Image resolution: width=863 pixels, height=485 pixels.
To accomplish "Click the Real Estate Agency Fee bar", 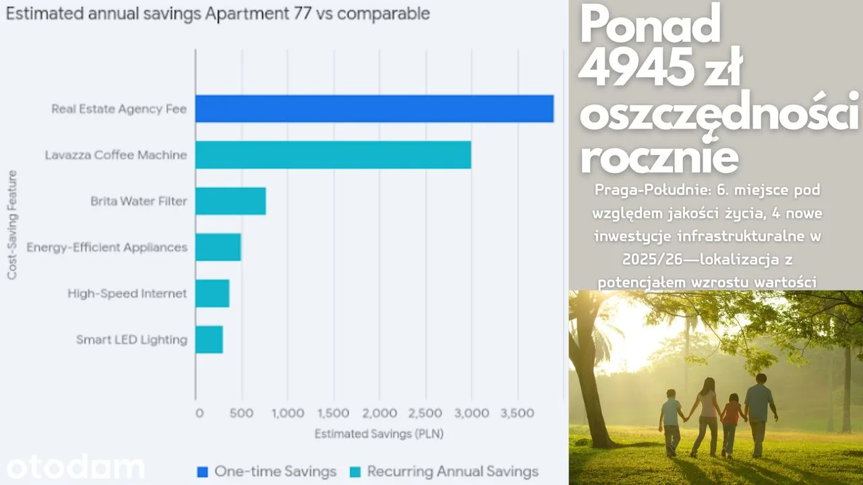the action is (374, 108).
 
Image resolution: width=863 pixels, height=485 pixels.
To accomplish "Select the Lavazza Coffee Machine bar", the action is (333, 155).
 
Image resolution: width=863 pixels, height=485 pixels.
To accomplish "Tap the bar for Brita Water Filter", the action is (231, 201).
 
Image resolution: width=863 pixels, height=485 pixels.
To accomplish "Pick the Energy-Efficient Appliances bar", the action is (218, 247).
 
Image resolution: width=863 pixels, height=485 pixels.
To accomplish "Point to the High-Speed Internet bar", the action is (212, 293).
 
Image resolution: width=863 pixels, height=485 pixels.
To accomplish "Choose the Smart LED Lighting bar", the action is (209, 339).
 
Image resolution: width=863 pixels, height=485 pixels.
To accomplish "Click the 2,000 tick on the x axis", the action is (380, 413).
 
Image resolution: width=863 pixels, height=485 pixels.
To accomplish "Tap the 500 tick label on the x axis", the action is (241, 413).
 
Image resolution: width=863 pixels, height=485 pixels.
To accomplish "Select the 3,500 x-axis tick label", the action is (517, 413).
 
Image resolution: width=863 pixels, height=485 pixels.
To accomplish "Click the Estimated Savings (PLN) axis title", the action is (379, 434).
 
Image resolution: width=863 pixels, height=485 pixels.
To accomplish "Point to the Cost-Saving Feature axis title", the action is (12, 225).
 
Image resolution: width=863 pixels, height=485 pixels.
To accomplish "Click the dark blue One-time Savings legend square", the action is (202, 472).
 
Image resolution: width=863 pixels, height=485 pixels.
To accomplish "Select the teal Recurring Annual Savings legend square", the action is (355, 472).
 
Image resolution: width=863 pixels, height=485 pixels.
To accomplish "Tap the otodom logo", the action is (76, 467).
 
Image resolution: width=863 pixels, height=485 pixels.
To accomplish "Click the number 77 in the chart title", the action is (302, 13).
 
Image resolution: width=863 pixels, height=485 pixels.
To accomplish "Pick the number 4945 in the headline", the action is (633, 68).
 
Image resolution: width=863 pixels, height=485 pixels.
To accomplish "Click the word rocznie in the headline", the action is (659, 156).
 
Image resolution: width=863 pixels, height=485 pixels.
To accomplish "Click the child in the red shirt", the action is (731, 424).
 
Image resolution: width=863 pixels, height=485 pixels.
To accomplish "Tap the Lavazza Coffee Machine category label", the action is (116, 155).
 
